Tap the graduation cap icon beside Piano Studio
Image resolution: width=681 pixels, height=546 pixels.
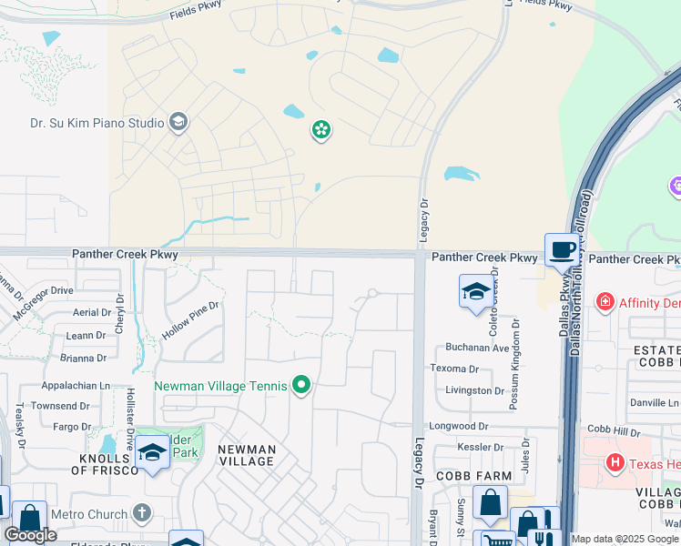pyautogui.click(x=178, y=122)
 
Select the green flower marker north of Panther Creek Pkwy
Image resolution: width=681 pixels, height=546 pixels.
pyautogui.click(x=320, y=131)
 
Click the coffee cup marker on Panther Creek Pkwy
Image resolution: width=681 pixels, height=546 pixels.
pyautogui.click(x=562, y=250)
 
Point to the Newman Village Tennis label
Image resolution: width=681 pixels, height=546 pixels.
pyautogui.click(x=220, y=386)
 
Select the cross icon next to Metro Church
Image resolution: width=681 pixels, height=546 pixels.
pyautogui.click(x=140, y=513)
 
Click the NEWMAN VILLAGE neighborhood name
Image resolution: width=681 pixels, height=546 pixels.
pyautogui.click(x=247, y=455)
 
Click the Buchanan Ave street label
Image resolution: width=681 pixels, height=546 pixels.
pyautogui.click(x=477, y=348)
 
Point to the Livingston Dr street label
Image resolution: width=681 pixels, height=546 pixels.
pyautogui.click(x=474, y=390)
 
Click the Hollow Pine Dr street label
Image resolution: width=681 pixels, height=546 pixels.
pyautogui.click(x=191, y=319)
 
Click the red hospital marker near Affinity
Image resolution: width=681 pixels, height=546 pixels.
pyautogui.click(x=604, y=301)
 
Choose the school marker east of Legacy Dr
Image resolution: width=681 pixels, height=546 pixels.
pyautogui.click(x=475, y=292)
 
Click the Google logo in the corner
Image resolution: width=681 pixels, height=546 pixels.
pyautogui.click(x=31, y=535)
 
